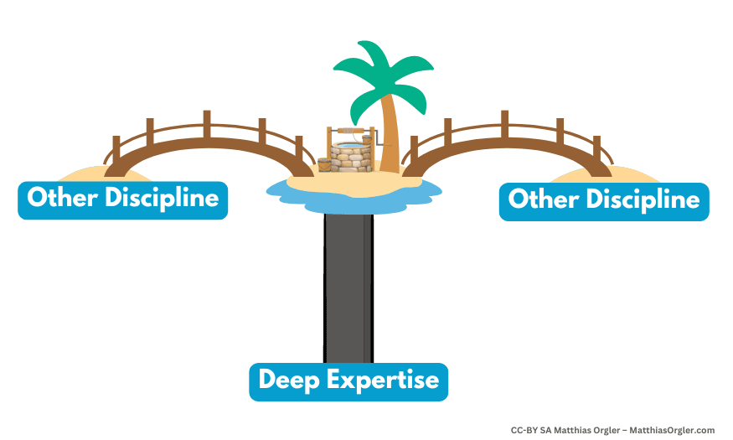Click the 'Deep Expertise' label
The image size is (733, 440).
348,381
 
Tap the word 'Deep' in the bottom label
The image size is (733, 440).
288,380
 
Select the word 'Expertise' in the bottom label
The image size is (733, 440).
383,380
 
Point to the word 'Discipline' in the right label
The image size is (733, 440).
643,200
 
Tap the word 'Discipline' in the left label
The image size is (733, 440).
162,199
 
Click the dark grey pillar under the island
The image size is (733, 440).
348,287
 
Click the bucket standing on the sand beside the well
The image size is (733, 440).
324,164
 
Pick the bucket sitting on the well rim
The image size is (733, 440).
367,140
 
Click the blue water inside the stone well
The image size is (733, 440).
349,146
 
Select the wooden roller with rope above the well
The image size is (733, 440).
350,131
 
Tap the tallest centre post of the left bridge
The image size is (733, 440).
207,124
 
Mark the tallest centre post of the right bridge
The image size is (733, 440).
505,124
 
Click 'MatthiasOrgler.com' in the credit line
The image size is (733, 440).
672,430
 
